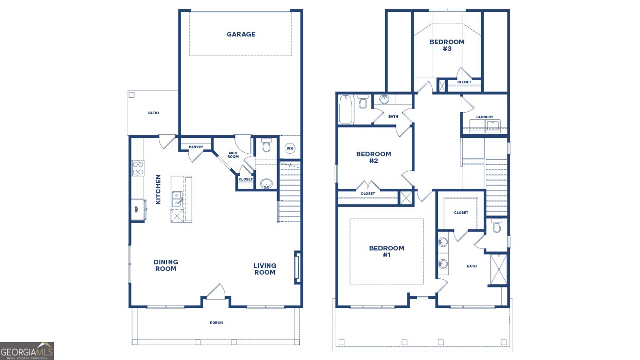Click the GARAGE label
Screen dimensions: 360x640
point(241,34)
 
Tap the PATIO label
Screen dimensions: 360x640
point(153,113)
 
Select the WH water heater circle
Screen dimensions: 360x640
point(289,149)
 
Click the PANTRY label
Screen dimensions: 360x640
point(196,147)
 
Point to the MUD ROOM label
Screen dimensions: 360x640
point(233,154)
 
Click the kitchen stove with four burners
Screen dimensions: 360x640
point(138,168)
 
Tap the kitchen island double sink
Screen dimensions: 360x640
point(177,199)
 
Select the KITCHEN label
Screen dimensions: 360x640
point(158,189)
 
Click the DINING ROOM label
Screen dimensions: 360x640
point(166,265)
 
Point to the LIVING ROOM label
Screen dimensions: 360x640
point(265,269)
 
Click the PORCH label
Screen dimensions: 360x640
point(216,323)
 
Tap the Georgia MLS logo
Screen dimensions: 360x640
point(27,351)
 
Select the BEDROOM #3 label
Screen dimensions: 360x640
point(447,45)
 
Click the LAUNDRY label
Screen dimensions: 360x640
point(484,117)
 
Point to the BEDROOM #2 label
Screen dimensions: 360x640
point(374,157)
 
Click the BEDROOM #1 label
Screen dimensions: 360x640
point(387,251)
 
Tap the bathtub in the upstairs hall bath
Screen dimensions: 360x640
point(345,109)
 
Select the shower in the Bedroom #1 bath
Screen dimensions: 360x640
point(498,269)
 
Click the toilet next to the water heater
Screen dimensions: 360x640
point(266,146)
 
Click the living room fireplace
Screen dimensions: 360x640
point(297,266)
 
